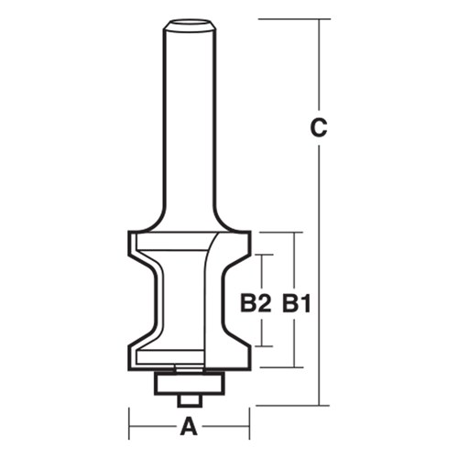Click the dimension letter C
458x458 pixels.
coord(318,129)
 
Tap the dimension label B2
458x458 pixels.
coord(256,302)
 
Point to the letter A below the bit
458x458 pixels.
coord(190,426)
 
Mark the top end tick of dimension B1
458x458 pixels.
coord(294,232)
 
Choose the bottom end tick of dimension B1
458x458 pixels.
coord(294,368)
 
